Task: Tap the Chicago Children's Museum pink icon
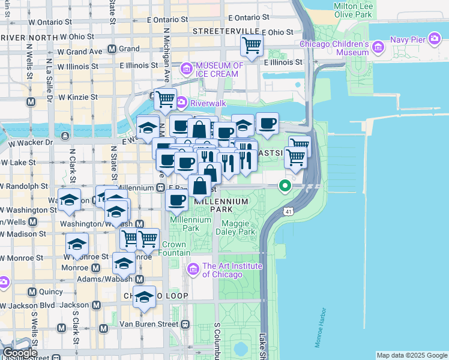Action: (x=378, y=46)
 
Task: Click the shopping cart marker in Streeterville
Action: (x=252, y=44)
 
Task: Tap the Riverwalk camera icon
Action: (x=179, y=103)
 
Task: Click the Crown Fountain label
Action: (x=173, y=249)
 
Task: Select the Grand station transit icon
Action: (x=112, y=49)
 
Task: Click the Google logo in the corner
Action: (x=19, y=353)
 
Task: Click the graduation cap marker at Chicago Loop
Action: (x=144, y=298)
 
